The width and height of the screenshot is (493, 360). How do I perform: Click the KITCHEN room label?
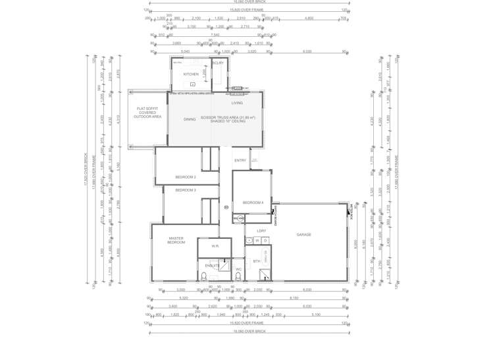(x=191, y=74)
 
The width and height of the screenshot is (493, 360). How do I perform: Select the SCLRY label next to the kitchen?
(x=219, y=63)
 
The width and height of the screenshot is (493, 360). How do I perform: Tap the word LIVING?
(x=237, y=103)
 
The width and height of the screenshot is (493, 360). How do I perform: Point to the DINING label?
(x=190, y=119)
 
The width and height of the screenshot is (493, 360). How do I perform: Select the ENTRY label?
(x=240, y=160)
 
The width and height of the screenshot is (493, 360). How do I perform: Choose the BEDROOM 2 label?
(x=186, y=177)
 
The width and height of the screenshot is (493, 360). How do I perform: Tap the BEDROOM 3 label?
(x=186, y=190)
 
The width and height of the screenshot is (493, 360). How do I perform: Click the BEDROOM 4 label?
(x=253, y=203)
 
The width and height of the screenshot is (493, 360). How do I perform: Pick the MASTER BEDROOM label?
(x=176, y=241)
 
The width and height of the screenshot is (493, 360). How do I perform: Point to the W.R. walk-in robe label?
(x=215, y=246)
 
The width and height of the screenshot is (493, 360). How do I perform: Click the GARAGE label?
(x=303, y=234)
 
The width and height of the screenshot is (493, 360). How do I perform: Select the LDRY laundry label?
(x=261, y=231)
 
